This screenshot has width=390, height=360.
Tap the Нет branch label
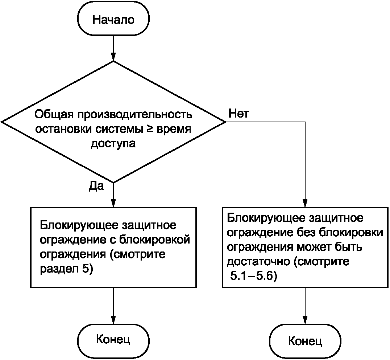[238, 114]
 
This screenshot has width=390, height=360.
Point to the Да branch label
[96, 187]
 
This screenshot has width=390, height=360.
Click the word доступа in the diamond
[113, 144]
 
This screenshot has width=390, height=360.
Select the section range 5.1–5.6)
[253, 278]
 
